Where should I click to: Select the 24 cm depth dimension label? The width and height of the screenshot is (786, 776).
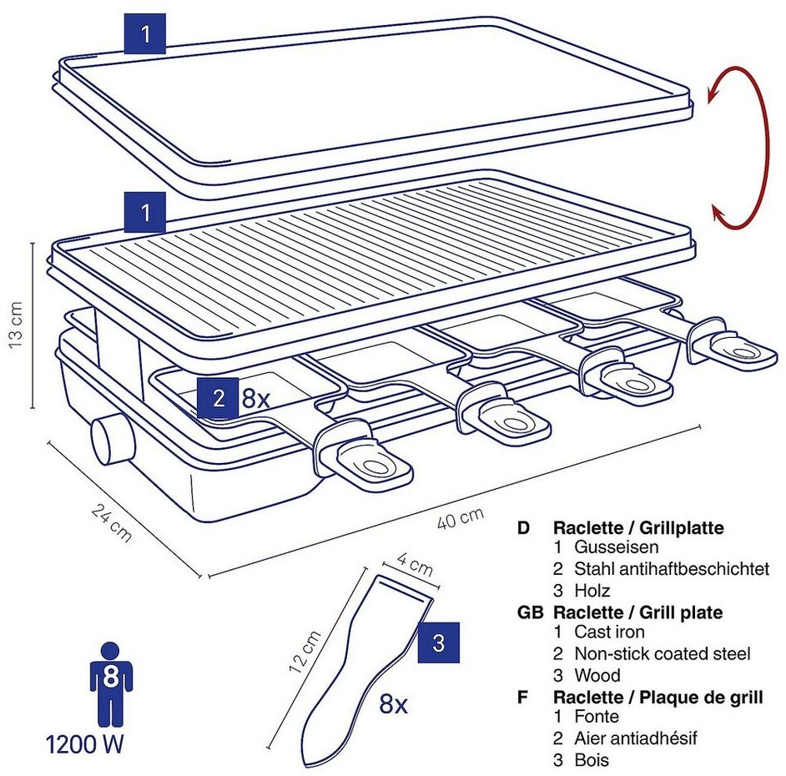pos(111,522)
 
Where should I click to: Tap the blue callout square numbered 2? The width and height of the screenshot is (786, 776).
pos(219,397)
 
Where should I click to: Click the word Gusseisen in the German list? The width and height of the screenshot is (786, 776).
pos(616,548)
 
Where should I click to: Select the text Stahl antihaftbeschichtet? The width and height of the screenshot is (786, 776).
pos(671,569)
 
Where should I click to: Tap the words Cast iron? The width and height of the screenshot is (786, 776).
pos(609,632)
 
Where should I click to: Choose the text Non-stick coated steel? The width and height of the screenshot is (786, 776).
pos(662,654)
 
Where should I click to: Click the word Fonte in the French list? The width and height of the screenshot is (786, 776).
pos(596,717)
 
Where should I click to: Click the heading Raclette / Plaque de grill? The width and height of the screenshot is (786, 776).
pos(658,696)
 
